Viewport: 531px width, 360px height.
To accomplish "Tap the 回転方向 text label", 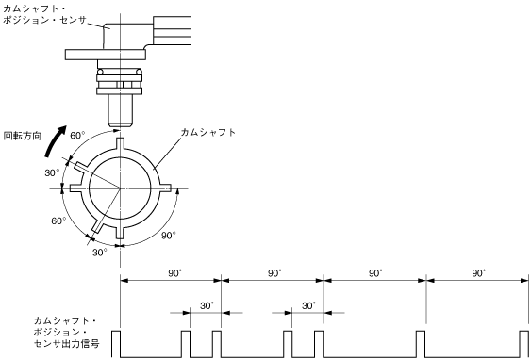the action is pos(23,136).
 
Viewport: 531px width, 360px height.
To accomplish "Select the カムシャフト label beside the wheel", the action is pos(207,132).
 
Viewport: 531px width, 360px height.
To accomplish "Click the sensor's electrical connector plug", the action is pos(172,30).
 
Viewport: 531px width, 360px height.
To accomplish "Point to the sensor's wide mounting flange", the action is pos(106,55).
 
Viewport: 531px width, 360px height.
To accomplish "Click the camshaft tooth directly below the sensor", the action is pos(120,143).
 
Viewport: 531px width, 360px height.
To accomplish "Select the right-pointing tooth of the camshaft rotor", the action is pos(165,188).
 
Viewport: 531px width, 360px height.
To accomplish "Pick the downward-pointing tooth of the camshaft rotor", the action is pos(120,233).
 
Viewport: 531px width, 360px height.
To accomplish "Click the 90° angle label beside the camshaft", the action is pos(168,236).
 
